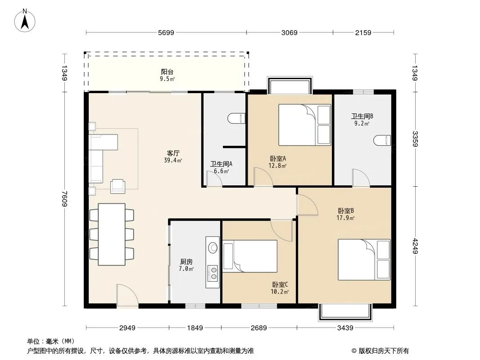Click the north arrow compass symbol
tap(25, 21)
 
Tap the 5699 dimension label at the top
tap(166, 32)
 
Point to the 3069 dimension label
tap(289, 32)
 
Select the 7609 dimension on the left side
tap(64, 198)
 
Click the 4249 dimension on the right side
tap(415, 246)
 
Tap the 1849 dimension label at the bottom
tap(195, 328)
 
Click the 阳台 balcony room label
tap(167, 72)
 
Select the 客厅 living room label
tap(173, 153)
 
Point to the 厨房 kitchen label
tap(186, 262)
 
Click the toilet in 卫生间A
tap(237, 118)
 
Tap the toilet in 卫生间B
tap(382, 140)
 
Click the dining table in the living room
tap(111, 234)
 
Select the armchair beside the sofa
tap(118, 186)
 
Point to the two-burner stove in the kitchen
tap(213, 273)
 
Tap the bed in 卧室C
tap(250, 256)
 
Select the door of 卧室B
tap(307, 205)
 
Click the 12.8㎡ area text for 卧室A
tap(277, 166)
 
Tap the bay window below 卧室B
tap(346, 312)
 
